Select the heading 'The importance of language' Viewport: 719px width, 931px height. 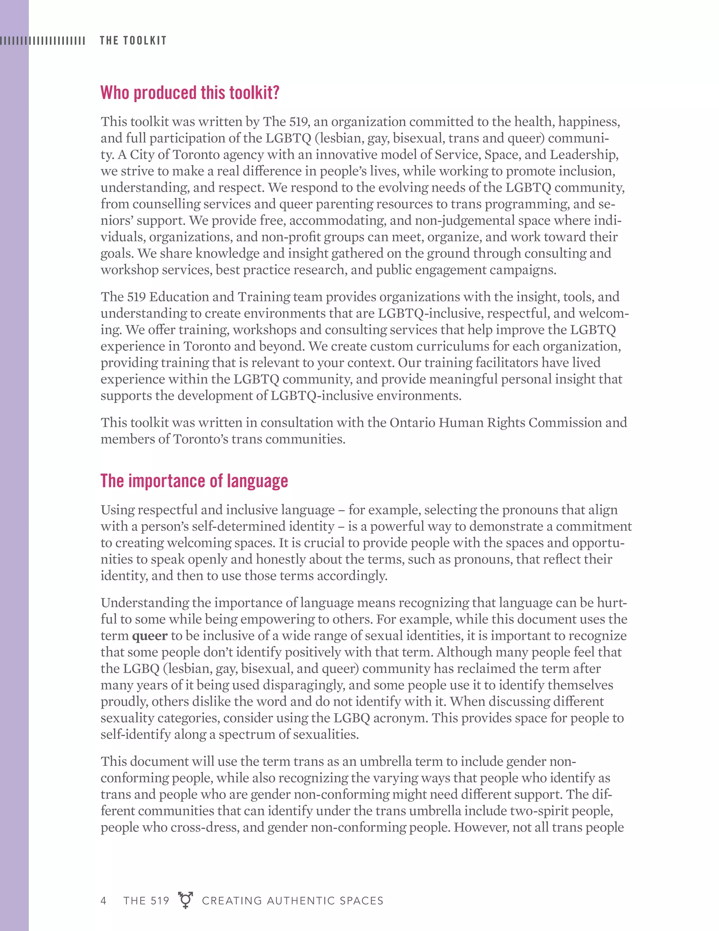point(194,481)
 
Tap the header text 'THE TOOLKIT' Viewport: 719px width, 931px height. point(133,40)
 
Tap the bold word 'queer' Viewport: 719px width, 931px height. point(150,636)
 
